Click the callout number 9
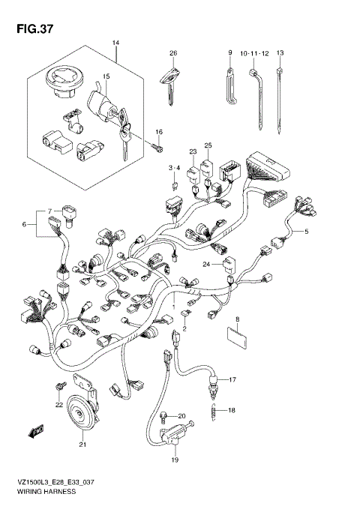tap(230, 53)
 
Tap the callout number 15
tap(106, 76)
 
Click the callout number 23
tap(193, 152)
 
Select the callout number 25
tap(208, 145)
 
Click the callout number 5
tap(306, 232)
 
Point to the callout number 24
tap(205, 264)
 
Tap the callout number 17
tap(232, 380)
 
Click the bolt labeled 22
tap(57, 387)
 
